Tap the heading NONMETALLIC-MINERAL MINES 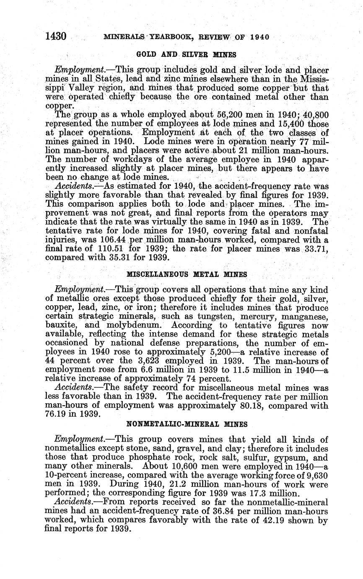tap(187, 424)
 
